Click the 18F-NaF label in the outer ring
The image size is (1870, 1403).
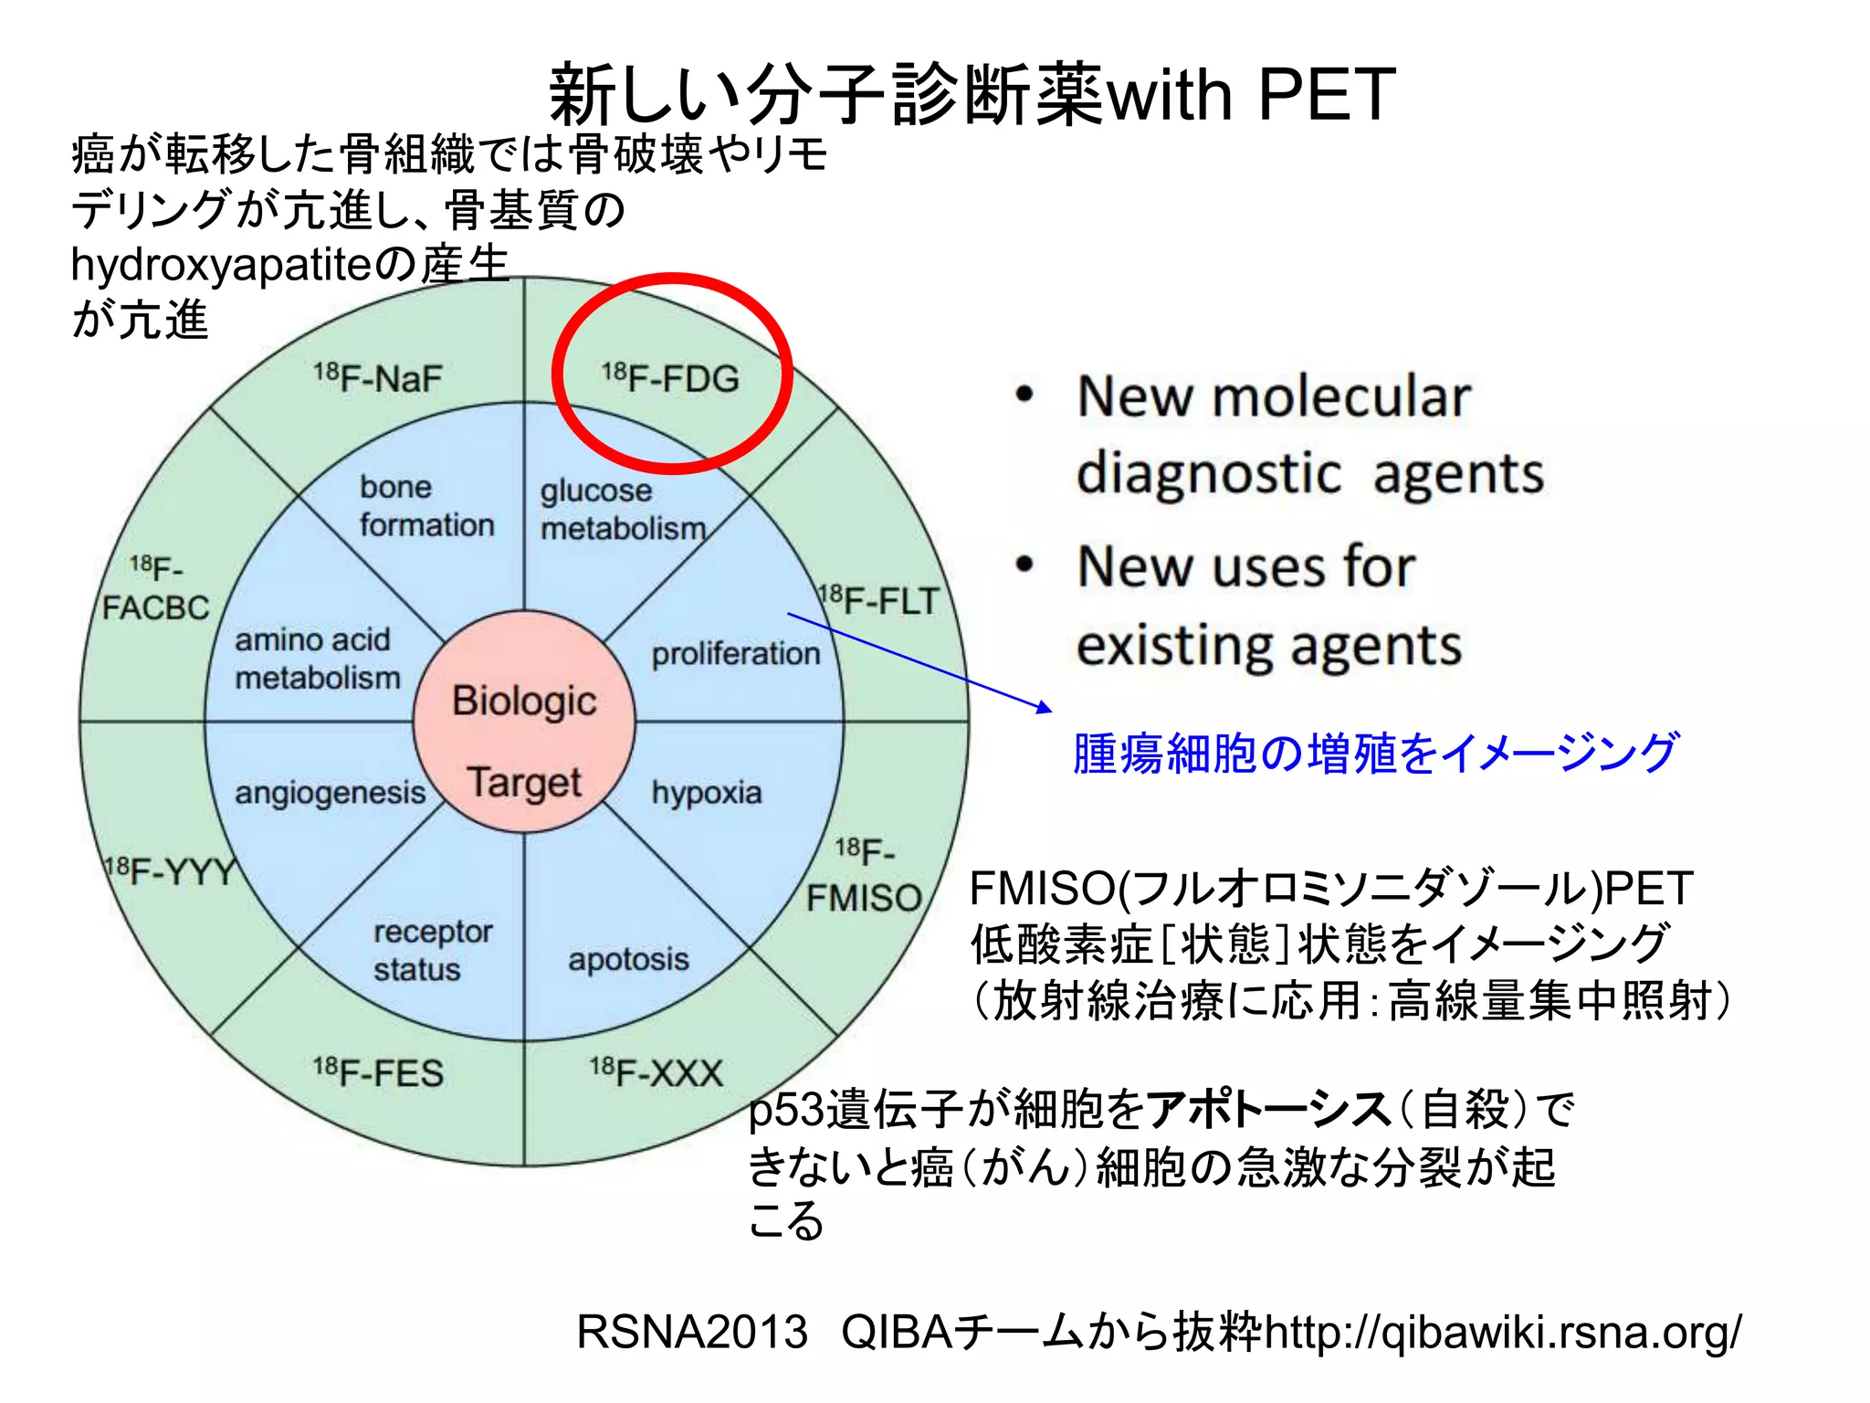coord(378,378)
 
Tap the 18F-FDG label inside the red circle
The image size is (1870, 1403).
coord(671,378)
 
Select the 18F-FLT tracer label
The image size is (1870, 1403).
coord(879,601)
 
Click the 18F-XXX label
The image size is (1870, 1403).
coord(657,1072)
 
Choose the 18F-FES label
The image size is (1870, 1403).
coord(378,1072)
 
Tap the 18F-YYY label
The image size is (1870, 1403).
coord(172,871)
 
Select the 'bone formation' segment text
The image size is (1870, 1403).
coord(425,506)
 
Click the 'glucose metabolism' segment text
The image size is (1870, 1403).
coord(623,510)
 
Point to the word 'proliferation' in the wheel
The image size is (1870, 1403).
coord(736,654)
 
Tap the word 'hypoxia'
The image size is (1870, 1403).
coord(707,793)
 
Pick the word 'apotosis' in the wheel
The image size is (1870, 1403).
coord(628,959)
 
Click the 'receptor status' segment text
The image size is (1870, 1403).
coord(432,950)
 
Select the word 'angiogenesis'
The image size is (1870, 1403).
coord(330,793)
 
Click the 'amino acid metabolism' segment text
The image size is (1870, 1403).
coord(318,659)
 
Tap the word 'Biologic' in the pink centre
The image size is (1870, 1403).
coord(524,701)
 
